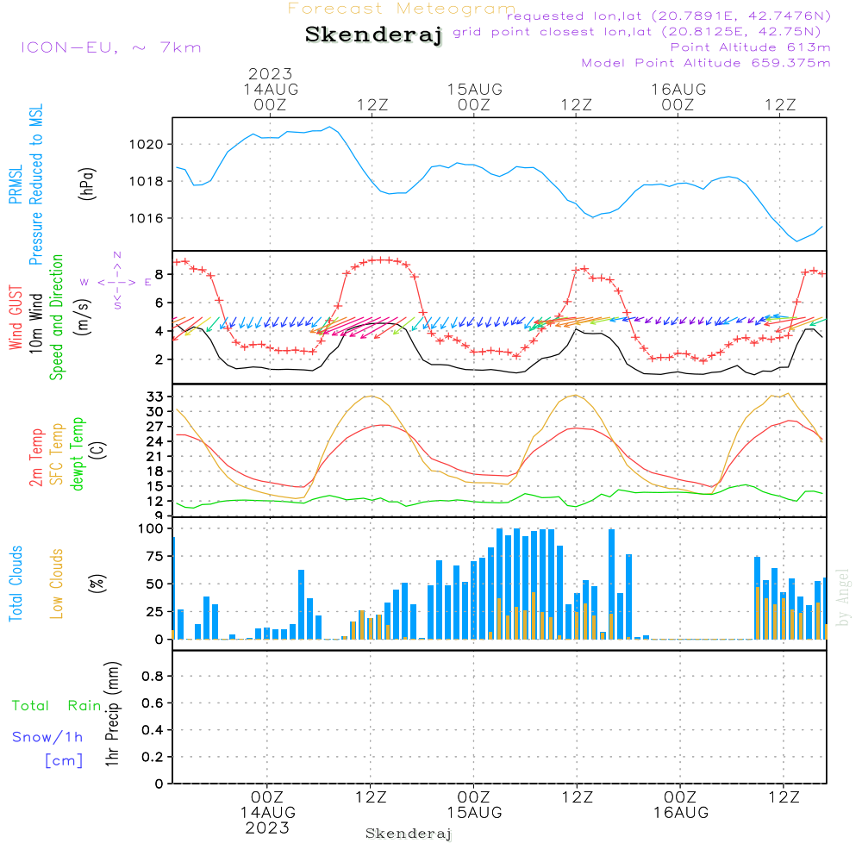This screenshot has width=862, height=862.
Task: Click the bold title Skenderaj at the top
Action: (x=373, y=35)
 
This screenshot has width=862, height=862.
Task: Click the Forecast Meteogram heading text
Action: (x=402, y=9)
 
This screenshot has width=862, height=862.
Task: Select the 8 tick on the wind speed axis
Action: (x=159, y=274)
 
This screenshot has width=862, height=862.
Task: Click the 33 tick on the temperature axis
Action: (x=154, y=397)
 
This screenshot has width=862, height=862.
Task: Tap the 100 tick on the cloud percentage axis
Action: (x=150, y=528)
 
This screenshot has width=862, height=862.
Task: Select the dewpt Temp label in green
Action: (x=78, y=454)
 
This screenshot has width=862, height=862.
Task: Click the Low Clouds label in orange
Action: (x=58, y=584)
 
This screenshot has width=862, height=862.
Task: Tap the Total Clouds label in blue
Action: (x=16, y=584)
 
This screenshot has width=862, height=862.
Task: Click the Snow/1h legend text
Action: (x=48, y=737)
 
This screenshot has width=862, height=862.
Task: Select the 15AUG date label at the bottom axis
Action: (x=474, y=813)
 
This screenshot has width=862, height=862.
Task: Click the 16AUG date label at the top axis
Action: (x=678, y=90)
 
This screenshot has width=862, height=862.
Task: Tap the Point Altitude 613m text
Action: (x=750, y=47)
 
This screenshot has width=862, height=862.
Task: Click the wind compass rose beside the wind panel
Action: (x=116, y=282)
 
